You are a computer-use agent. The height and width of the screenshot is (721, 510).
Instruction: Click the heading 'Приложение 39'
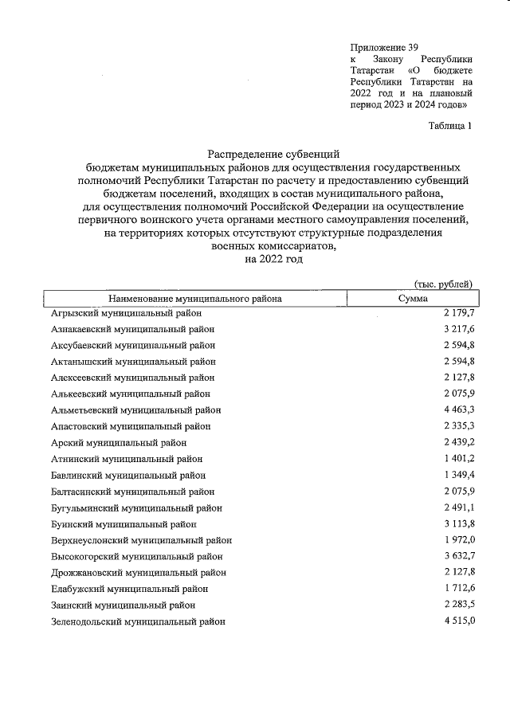point(384,47)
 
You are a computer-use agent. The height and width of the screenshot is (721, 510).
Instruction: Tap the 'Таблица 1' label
point(450,126)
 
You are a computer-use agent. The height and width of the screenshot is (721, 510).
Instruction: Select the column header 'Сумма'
point(413,299)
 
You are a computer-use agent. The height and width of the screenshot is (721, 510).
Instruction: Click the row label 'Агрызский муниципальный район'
point(127,313)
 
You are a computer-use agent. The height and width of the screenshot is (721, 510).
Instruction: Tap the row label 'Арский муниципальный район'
point(119,442)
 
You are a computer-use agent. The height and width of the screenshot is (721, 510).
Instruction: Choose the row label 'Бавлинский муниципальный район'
point(127,475)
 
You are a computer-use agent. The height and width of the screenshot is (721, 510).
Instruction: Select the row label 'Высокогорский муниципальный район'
point(136,556)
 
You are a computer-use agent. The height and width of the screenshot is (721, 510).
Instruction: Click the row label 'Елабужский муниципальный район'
point(129,589)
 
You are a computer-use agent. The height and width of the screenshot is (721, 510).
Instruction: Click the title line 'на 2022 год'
point(275,259)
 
